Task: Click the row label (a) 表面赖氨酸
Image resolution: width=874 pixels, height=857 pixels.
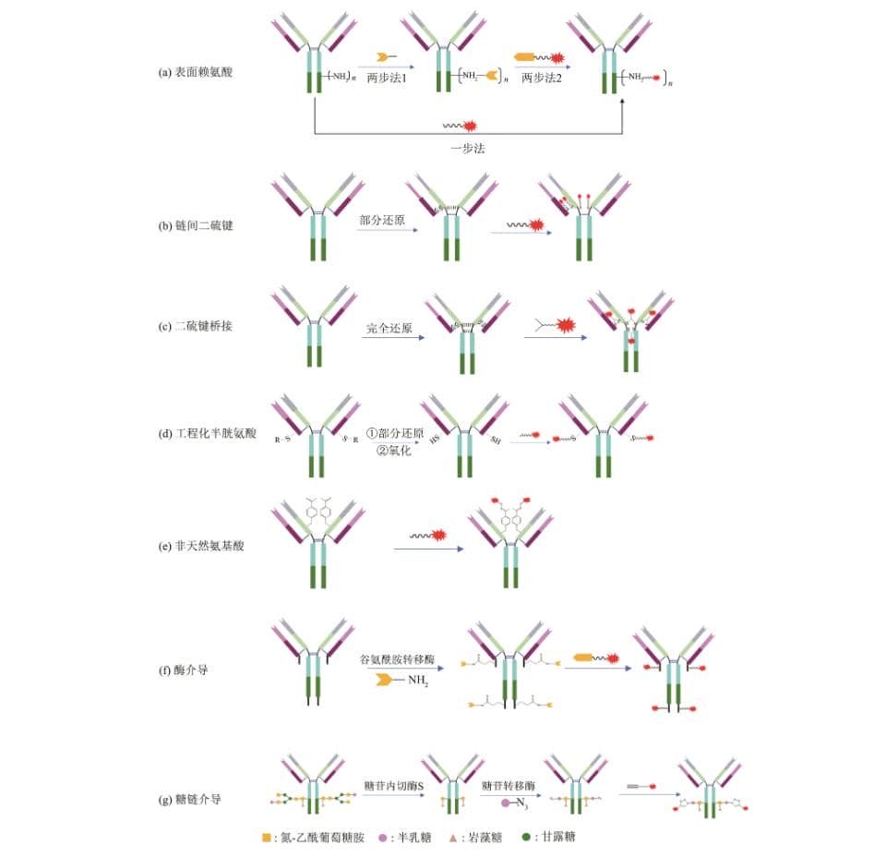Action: click(195, 71)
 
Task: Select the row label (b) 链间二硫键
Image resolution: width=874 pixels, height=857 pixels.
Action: click(195, 225)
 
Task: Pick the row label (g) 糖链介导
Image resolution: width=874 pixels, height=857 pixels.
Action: click(189, 798)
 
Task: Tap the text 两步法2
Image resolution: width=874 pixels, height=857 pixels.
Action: click(542, 78)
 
